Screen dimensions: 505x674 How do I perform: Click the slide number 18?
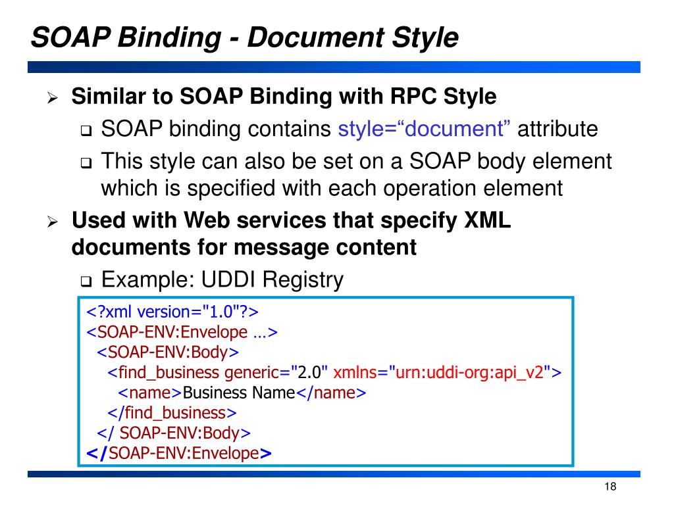point(609,487)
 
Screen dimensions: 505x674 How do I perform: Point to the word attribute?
point(557,129)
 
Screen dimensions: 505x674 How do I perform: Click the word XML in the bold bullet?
point(488,220)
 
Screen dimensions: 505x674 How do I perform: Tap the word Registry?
point(303,279)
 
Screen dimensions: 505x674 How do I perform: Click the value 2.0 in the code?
point(309,373)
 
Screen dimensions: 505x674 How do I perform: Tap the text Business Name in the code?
point(239,393)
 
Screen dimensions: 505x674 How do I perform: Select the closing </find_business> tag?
point(172,413)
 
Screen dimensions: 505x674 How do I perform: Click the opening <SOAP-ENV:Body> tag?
point(168,352)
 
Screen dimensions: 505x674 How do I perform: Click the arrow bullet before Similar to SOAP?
point(53,99)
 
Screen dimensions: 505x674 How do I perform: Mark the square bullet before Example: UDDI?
point(86,283)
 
